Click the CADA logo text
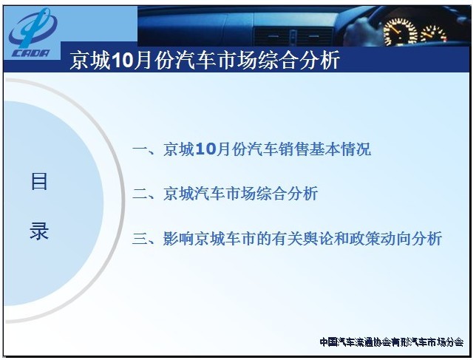pyautogui.click(x=30, y=53)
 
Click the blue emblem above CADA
pyautogui.click(x=33, y=28)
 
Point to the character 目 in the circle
pyautogui.click(x=39, y=182)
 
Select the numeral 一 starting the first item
pyautogui.click(x=140, y=149)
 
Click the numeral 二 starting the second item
pyautogui.click(x=140, y=194)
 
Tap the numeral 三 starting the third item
pyautogui.click(x=140, y=239)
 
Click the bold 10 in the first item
pyautogui.click(x=205, y=149)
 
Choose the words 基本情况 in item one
pyautogui.click(x=340, y=149)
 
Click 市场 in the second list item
pyautogui.click(x=240, y=194)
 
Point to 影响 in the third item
pyautogui.click(x=179, y=239)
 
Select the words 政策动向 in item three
pyautogui.click(x=380, y=239)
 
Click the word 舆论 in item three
pyautogui.click(x=318, y=239)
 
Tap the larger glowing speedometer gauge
pyautogui.click(x=400, y=32)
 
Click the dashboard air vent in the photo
pyautogui.click(x=293, y=36)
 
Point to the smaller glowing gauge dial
pyautogui.click(x=433, y=33)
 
